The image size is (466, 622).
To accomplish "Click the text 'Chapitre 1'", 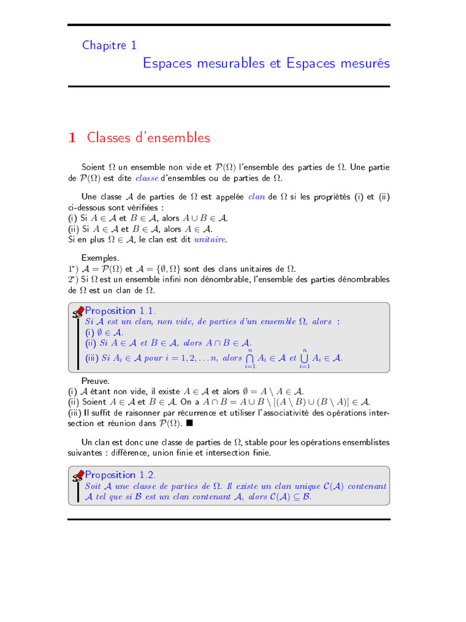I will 110,45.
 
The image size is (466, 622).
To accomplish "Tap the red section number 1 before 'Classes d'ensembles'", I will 72,138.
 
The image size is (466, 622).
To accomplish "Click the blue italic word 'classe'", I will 146,178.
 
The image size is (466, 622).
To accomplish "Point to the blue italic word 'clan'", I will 257,196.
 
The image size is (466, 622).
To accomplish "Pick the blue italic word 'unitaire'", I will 209,240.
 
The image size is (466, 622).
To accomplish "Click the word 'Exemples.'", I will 100,258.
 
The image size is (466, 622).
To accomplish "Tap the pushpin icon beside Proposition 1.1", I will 78,312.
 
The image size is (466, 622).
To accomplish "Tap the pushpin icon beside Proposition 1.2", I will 78,476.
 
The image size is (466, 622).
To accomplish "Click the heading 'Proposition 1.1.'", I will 120,311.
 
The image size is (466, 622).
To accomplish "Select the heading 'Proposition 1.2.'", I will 120,474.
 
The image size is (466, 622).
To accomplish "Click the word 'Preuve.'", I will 96,380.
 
